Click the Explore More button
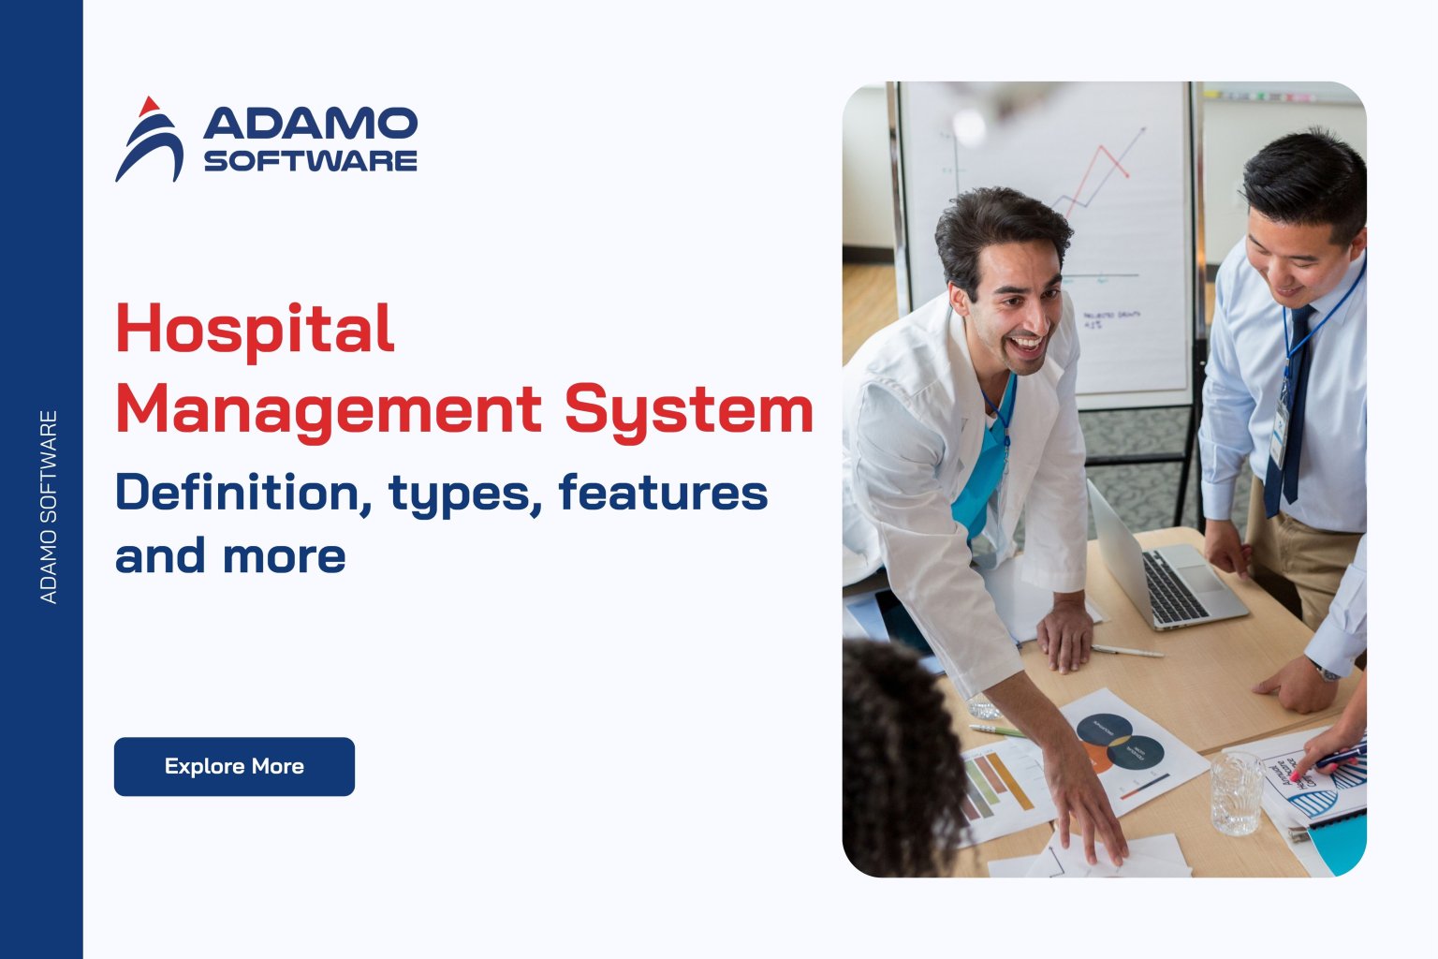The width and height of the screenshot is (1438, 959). [x=234, y=766]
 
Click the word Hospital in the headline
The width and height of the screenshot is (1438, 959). [x=255, y=330]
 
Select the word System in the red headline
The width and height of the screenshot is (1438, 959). [x=689, y=410]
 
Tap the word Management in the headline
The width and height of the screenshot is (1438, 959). [x=328, y=410]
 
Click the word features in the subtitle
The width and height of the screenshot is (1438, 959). [x=663, y=493]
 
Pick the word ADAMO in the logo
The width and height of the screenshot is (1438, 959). [x=310, y=124]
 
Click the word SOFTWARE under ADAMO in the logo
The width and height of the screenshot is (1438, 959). [x=310, y=160]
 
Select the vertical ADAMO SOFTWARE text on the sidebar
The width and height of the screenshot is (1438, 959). [x=49, y=507]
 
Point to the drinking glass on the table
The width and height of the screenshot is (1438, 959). [x=1236, y=793]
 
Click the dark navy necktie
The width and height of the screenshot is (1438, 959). [x=1293, y=412]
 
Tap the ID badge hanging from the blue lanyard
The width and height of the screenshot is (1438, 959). [x=1280, y=432]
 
